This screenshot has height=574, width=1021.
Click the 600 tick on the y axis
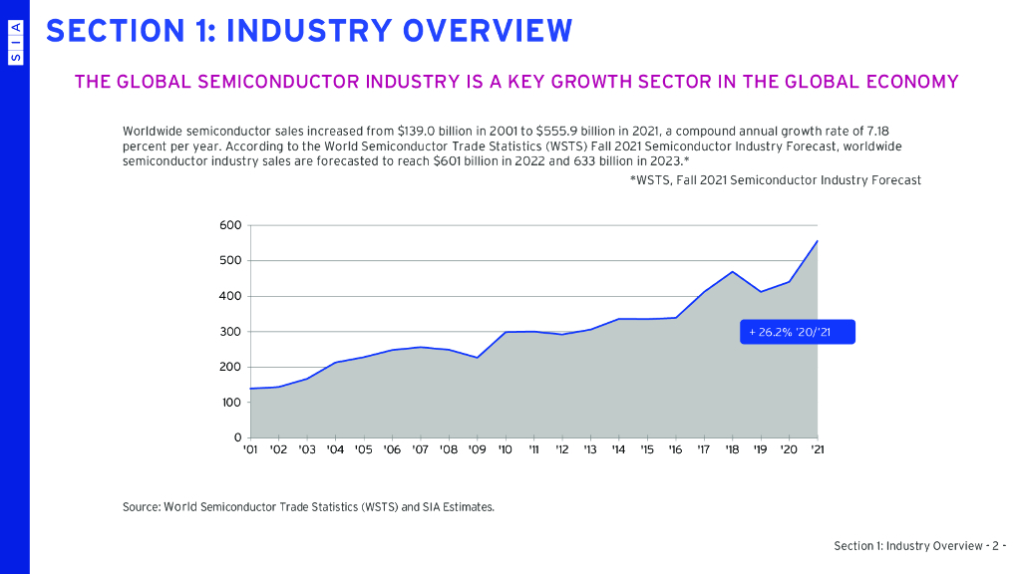pyautogui.click(x=230, y=225)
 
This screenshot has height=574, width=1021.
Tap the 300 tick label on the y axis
pyautogui.click(x=230, y=332)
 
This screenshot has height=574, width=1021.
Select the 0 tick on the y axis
pyautogui.click(x=237, y=437)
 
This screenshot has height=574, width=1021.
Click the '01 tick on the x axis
pyautogui.click(x=250, y=449)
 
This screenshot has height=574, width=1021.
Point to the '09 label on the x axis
pyautogui.click(x=477, y=449)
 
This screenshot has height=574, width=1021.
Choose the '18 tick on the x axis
pyautogui.click(x=732, y=449)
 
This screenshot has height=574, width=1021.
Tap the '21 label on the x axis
pyautogui.click(x=818, y=449)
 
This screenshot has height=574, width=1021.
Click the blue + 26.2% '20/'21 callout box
pyautogui.click(x=797, y=332)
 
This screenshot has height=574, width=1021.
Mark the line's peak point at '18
pyautogui.click(x=732, y=271)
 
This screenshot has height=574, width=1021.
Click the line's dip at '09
pyautogui.click(x=477, y=358)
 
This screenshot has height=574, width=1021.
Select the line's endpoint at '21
pyautogui.click(x=817, y=241)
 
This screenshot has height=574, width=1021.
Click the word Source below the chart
pyautogui.click(x=142, y=507)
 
